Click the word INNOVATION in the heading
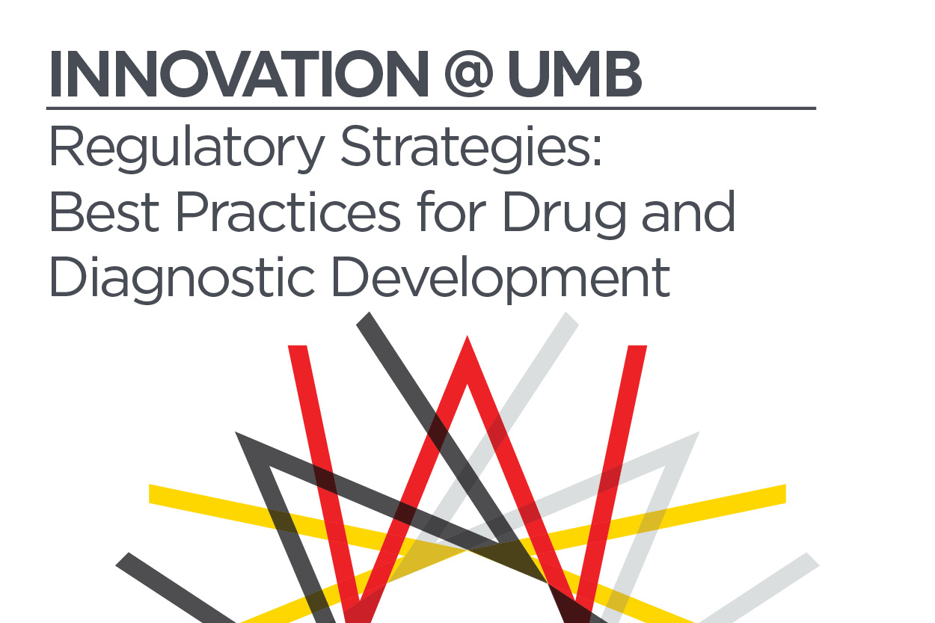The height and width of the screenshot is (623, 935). point(239,74)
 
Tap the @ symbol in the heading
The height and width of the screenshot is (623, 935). point(469,75)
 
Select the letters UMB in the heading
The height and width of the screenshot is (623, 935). point(574,74)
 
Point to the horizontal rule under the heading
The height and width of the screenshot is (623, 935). point(431,108)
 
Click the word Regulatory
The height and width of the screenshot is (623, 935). point(187,148)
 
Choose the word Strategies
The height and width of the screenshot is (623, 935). point(471,148)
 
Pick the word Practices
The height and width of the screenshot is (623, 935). point(288,211)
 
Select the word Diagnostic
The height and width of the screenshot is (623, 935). point(182,279)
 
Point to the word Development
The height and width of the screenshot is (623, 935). point(501,279)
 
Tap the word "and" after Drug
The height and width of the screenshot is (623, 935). point(689,211)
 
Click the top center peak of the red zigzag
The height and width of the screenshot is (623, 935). point(467,337)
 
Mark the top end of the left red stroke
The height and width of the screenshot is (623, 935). point(298,346)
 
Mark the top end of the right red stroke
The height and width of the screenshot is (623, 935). point(637,346)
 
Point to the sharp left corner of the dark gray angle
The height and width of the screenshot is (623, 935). point(236,433)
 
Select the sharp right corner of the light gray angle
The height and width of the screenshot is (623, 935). point(699,433)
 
